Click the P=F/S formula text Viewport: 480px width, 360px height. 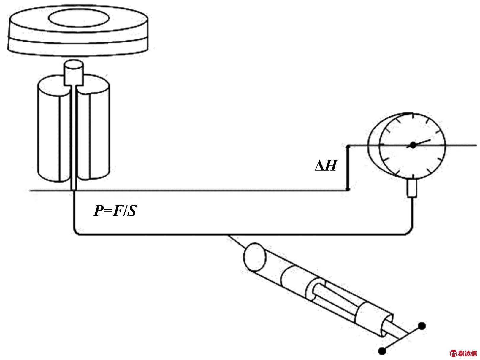pyautogui.click(x=115, y=211)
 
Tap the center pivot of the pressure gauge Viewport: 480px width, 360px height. pyautogui.click(x=413, y=145)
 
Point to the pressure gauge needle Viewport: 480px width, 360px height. pyautogui.click(x=422, y=142)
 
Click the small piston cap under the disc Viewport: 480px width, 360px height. pyautogui.click(x=73, y=72)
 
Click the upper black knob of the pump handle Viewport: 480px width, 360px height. pyautogui.click(x=422, y=326)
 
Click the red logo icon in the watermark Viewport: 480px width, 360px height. pyautogui.click(x=454, y=353)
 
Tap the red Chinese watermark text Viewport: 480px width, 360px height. pyautogui.click(x=467, y=353)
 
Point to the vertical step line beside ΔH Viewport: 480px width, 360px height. pyautogui.click(x=348, y=168)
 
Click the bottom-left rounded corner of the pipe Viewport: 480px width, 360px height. pyautogui.click(x=76, y=232)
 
